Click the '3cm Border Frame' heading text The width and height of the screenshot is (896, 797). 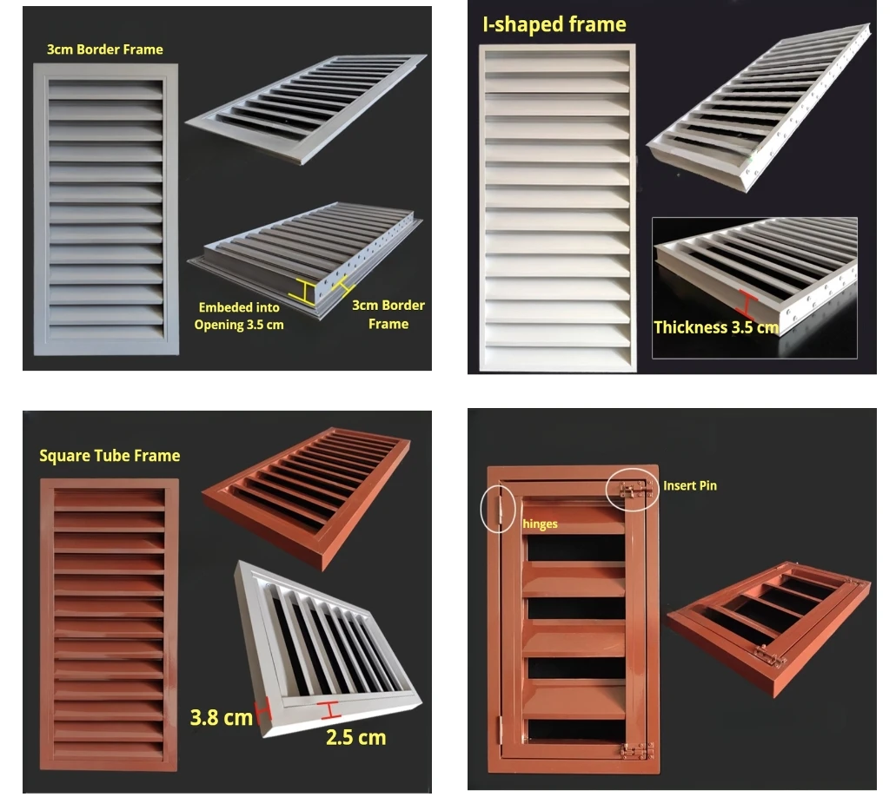click(104, 49)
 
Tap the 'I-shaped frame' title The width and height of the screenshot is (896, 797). click(554, 24)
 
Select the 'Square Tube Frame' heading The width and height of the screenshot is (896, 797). click(110, 456)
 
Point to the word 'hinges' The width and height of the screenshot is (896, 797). click(539, 524)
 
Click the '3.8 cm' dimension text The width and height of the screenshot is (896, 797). click(222, 716)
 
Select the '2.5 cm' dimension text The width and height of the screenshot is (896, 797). click(355, 737)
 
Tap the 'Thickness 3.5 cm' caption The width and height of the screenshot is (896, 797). click(715, 327)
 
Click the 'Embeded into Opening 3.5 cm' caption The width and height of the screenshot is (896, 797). click(239, 316)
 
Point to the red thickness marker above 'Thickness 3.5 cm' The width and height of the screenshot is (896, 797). click(747, 303)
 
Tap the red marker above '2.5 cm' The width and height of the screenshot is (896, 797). click(329, 710)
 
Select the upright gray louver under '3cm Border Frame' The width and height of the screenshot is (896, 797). click(105, 208)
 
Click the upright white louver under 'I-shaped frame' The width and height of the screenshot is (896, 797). click(556, 208)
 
